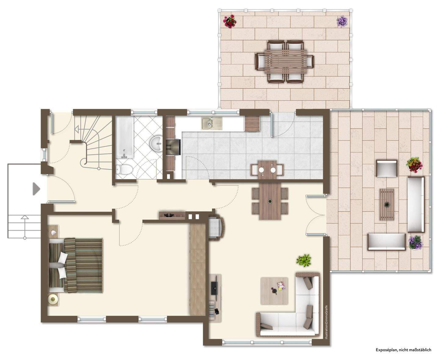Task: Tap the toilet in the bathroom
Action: coord(124,169)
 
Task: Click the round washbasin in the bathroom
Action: coord(157,143)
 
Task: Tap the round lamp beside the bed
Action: coord(53,299)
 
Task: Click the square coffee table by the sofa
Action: coord(274,290)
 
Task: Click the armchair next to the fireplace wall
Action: coord(216,227)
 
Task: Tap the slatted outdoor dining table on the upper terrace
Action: coord(284,61)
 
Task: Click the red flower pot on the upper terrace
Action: coord(230,21)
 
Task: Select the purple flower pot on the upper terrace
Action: coord(342,21)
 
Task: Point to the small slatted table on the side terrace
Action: coord(387,204)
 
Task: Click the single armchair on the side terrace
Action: coord(387,168)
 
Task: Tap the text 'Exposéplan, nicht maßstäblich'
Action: coord(403,350)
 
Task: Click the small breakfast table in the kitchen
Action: coord(267,169)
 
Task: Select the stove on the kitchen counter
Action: coord(173,147)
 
